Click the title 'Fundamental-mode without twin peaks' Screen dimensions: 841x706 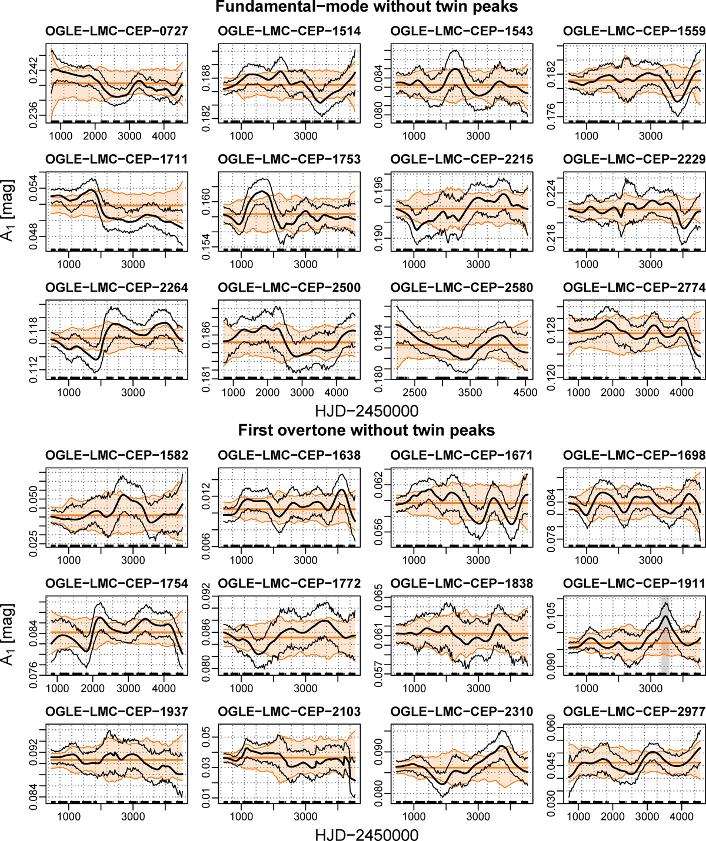pos(367,7)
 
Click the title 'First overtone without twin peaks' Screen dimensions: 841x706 pos(367,430)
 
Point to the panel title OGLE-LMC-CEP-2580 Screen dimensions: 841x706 pos(462,288)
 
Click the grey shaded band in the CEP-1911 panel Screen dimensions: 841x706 pos(665,635)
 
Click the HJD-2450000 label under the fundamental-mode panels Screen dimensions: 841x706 pos(367,410)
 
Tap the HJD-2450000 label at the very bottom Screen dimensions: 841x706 pos(367,834)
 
